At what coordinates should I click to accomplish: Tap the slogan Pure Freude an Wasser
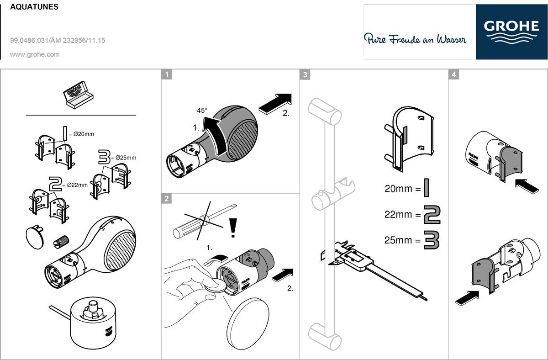(415, 39)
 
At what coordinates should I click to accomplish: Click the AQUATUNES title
(34, 7)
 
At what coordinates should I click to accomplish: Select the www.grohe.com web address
(35, 54)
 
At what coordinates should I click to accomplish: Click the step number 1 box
(167, 74)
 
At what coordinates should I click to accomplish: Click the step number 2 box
(167, 198)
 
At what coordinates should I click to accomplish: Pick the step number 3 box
(305, 74)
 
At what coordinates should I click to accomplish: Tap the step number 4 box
(453, 74)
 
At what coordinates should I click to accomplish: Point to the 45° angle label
(201, 110)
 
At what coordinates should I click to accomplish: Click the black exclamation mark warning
(233, 228)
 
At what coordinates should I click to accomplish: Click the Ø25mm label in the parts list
(126, 158)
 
